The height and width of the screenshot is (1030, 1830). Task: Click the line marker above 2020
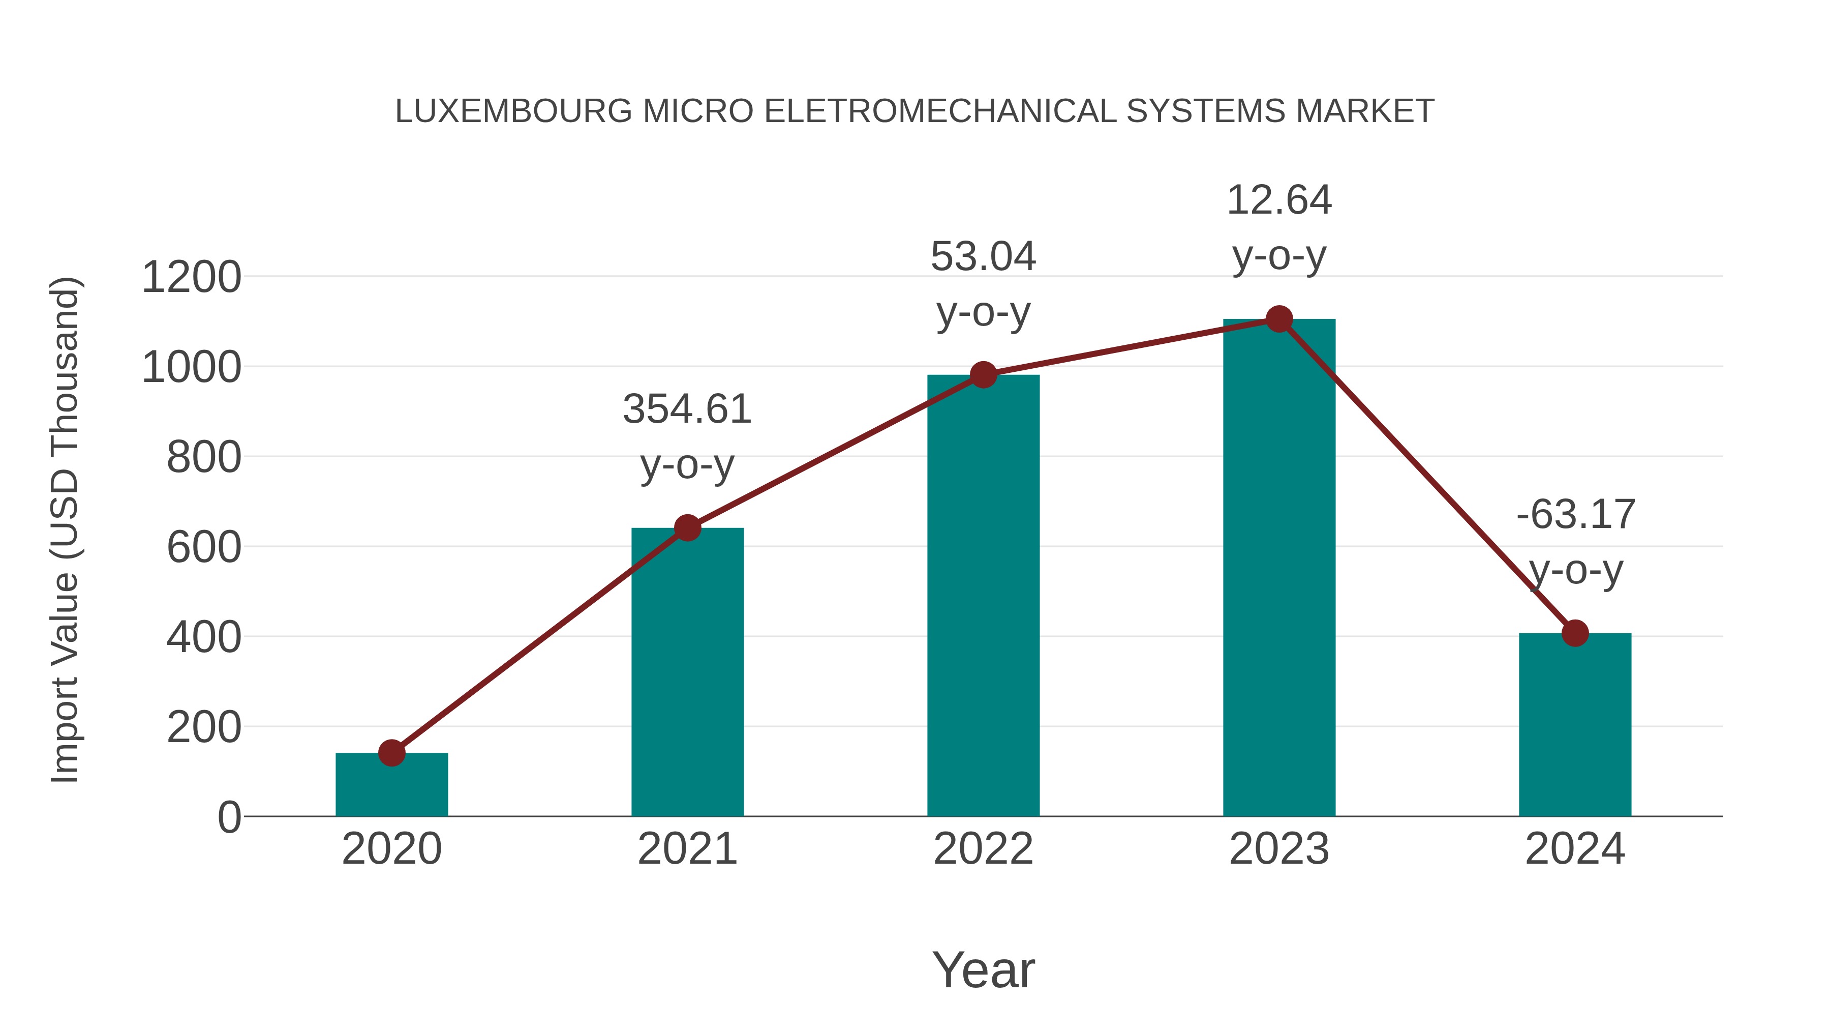391,753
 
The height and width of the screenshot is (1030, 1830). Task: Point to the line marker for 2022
983,374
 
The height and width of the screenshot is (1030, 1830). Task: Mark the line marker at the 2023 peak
1279,319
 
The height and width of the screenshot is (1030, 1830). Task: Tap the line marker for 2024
1575,633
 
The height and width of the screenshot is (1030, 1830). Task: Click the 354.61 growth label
687,409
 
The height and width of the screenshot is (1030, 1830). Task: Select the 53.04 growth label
983,257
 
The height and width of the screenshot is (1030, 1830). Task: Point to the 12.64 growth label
1279,200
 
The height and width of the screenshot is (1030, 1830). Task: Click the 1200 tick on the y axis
192,277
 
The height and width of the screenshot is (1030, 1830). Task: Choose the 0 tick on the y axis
229,817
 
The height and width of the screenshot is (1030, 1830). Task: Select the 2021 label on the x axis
687,849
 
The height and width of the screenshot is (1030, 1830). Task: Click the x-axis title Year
983,970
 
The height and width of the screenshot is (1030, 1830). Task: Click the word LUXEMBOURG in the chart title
513,111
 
